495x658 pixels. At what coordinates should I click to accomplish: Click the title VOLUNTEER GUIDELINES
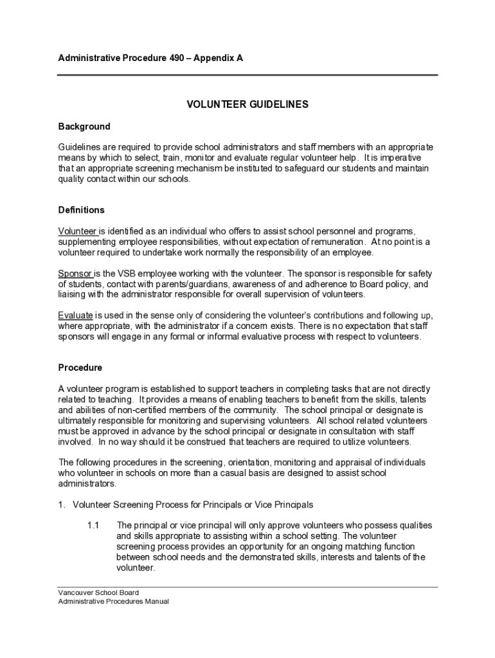248,104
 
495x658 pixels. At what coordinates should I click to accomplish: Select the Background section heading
84,127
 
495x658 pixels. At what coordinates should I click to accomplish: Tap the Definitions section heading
82,210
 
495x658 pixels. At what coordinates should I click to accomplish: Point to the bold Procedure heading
80,368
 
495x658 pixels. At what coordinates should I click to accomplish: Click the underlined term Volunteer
77,231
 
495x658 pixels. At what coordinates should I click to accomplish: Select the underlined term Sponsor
75,273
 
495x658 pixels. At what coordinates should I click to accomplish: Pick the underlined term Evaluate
76,316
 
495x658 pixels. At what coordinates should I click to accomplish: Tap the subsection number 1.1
93,525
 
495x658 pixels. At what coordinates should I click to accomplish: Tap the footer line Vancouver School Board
98,592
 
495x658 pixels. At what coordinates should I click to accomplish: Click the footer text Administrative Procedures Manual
114,601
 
